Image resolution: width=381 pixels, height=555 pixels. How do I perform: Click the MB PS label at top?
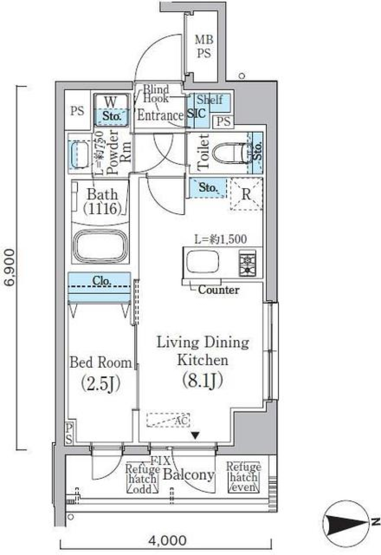204,46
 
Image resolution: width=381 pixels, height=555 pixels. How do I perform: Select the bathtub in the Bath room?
101,245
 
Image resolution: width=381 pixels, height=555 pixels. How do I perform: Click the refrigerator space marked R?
246,194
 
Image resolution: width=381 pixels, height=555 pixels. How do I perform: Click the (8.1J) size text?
202,381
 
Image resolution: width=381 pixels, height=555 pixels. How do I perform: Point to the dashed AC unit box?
167,420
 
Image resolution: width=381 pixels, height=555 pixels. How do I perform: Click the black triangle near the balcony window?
195,436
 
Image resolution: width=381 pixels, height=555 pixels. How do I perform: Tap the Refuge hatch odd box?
142,479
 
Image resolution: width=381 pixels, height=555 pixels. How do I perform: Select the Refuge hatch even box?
243,477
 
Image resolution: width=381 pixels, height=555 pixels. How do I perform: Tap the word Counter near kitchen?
218,290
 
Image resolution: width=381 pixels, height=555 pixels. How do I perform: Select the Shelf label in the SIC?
210,99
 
